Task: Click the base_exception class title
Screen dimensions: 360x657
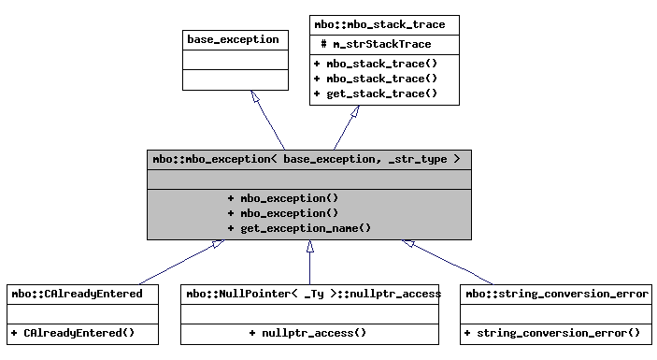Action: click(233, 39)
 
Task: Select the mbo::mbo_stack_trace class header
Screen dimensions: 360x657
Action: click(384, 24)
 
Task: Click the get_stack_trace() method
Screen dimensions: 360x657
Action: click(375, 94)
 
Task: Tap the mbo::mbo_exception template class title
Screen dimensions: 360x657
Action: click(308, 159)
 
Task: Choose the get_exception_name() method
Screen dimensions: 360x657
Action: click(299, 228)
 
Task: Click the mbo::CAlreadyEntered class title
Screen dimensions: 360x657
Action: click(78, 294)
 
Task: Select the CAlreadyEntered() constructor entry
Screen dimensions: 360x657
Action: click(73, 333)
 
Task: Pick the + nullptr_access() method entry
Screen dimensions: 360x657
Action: click(307, 333)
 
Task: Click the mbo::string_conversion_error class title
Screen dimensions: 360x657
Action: click(557, 294)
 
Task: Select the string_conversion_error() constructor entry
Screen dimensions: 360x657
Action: click(551, 333)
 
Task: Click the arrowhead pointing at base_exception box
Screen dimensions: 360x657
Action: click(253, 97)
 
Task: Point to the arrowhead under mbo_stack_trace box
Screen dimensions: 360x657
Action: click(355, 112)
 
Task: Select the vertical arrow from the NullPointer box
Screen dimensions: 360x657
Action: click(309, 266)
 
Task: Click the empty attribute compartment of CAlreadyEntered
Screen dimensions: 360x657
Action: click(78, 312)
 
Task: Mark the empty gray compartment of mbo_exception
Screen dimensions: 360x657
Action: click(308, 178)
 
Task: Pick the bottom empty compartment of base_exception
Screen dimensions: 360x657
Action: click(233, 79)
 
